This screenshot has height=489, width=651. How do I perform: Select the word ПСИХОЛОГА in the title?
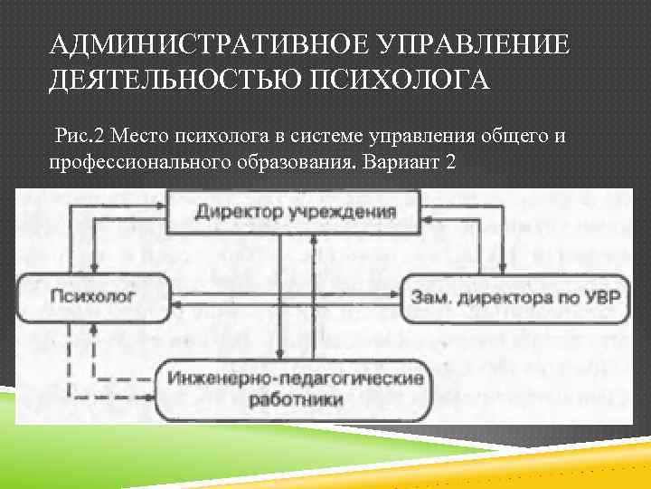point(397,81)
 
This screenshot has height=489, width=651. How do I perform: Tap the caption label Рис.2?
point(80,137)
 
